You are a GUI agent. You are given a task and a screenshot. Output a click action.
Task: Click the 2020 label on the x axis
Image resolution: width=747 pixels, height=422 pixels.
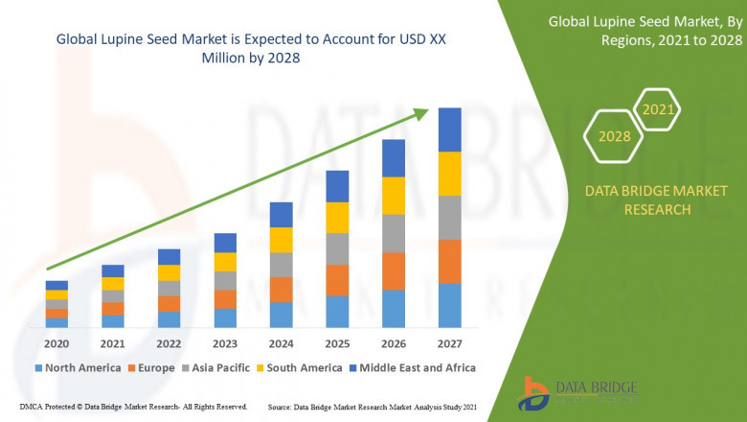pos(57,342)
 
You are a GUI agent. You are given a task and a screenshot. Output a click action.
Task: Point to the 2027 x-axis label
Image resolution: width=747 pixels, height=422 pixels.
pos(449,342)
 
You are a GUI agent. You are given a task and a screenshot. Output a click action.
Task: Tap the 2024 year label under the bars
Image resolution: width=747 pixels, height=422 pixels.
pos(281,342)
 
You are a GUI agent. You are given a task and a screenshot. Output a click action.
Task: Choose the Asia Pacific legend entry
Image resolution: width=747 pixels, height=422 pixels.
pos(218,367)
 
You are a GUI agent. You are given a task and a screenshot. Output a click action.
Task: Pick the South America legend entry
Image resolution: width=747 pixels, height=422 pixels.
pos(303,367)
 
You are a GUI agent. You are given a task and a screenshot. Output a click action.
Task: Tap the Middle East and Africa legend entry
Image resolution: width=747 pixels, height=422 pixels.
pos(416,367)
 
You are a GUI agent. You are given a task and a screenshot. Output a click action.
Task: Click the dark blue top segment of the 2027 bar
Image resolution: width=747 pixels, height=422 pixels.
pos(449,129)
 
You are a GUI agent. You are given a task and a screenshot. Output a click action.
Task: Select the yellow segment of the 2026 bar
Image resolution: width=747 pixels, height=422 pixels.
pos(394,196)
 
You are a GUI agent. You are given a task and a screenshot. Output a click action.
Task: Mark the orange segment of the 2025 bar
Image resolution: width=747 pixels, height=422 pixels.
pos(337,280)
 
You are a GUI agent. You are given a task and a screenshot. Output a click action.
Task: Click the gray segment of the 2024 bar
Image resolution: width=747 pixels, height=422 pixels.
pos(281,265)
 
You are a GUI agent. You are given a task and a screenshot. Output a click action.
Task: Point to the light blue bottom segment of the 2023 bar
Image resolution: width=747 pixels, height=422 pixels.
pos(225,318)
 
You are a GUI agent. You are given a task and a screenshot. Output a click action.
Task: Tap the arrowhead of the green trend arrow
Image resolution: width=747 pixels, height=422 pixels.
pos(422,114)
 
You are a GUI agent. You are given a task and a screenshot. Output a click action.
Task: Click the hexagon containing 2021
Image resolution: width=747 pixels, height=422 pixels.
pos(658,109)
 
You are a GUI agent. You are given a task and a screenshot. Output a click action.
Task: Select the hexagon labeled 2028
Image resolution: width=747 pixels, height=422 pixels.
pos(614,136)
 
